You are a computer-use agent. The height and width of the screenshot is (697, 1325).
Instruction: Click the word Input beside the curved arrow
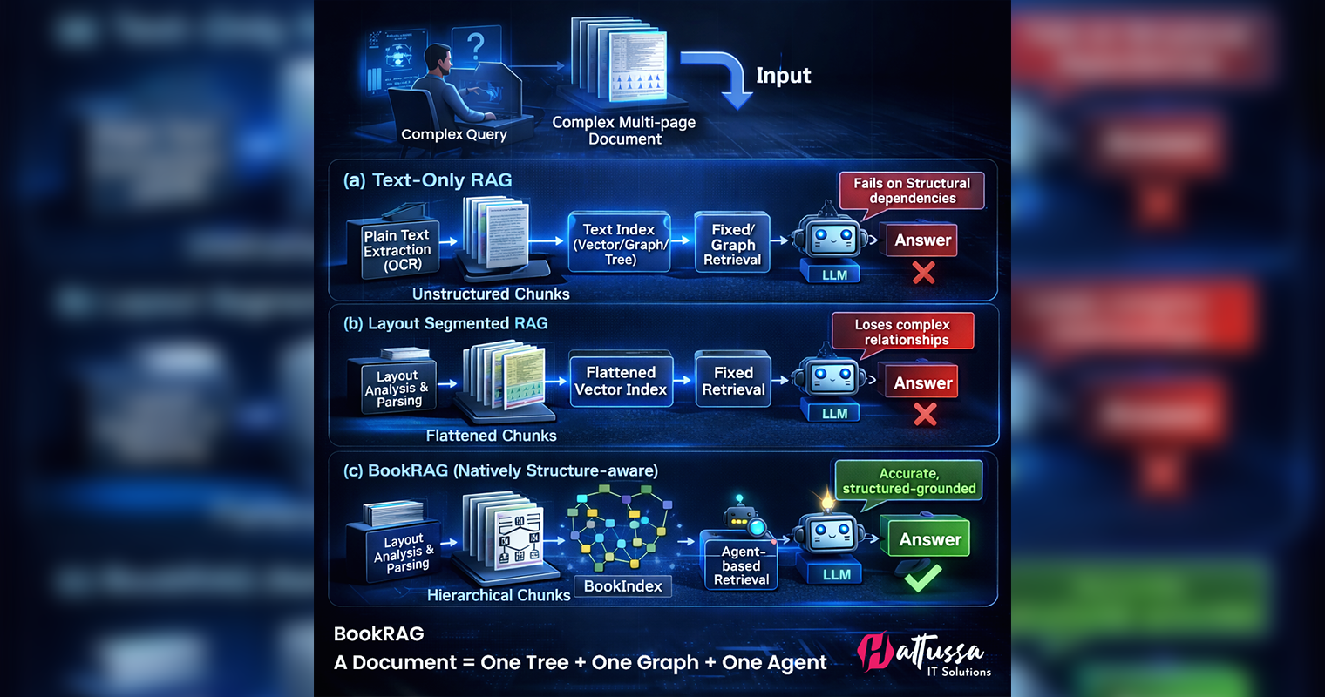coord(783,76)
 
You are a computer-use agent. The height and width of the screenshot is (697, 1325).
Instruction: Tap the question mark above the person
coord(475,45)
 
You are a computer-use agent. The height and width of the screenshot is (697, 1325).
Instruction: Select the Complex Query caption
coord(453,134)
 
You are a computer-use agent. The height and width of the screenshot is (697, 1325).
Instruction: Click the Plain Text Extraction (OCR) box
coord(397,249)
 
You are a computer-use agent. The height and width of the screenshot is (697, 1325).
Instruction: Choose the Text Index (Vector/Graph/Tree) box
coord(619,244)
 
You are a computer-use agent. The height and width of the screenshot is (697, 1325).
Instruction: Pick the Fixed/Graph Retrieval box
coord(732,244)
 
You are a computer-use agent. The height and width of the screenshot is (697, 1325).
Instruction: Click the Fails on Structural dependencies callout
coord(911,191)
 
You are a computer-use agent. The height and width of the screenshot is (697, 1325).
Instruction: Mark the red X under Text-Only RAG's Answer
coord(923,274)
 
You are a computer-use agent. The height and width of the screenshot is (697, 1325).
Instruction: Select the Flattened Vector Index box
coord(621,382)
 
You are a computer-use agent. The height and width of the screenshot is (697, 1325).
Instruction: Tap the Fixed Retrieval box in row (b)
coord(733,382)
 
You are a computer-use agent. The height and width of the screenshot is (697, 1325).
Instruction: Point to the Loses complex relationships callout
coord(902,332)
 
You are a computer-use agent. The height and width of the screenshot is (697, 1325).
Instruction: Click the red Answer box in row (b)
coord(922,383)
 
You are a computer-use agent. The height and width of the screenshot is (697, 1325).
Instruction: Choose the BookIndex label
coord(622,586)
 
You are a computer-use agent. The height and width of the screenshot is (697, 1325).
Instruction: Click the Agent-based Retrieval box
coord(741,565)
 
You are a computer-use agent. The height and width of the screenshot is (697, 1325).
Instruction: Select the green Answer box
coord(929,539)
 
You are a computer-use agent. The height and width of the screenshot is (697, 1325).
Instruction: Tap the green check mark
coord(922,577)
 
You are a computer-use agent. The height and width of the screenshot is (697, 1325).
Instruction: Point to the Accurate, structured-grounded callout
coord(908,481)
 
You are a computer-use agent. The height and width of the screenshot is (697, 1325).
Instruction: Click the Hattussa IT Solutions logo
coord(924,654)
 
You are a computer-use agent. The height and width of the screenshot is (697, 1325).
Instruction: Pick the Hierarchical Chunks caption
coord(499,595)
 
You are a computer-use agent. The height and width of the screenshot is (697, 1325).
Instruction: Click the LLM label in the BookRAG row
coord(836,574)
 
